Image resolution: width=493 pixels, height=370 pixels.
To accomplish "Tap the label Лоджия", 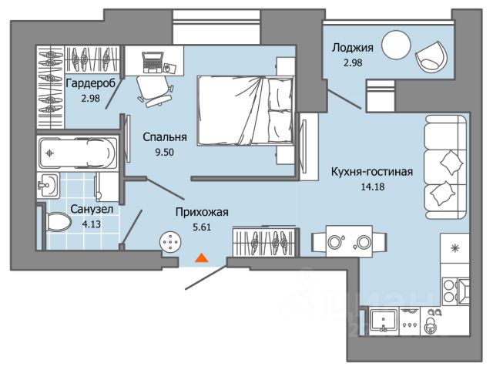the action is [353, 48].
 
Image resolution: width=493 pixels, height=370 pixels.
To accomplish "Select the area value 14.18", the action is [373, 187].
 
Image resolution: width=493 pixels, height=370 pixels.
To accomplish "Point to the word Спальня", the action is [165, 137].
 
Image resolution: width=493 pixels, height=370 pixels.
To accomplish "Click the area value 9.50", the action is [164, 153].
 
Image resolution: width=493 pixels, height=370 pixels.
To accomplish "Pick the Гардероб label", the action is [91, 84].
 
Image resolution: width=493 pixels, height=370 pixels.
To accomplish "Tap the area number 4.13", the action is [91, 224].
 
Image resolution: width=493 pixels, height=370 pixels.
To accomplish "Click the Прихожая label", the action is [202, 212].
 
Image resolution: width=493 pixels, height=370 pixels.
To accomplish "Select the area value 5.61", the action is [202, 227].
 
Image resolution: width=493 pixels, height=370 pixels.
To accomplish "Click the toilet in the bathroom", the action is [58, 222].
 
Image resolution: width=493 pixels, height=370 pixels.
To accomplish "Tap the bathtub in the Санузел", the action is [77, 153].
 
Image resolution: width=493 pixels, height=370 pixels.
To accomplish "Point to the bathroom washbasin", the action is [48, 185].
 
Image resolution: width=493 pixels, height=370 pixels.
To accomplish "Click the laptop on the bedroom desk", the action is [153, 62].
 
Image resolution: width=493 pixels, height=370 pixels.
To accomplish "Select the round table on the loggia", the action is [396, 45].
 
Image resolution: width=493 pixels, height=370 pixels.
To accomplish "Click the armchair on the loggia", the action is [431, 56].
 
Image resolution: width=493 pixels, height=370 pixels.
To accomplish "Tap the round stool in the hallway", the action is [170, 242].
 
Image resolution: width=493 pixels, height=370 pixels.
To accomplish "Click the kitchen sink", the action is [384, 320].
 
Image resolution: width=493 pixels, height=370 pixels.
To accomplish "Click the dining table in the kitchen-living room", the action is [349, 241].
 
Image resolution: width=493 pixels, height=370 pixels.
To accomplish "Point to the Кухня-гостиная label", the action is [372, 172].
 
